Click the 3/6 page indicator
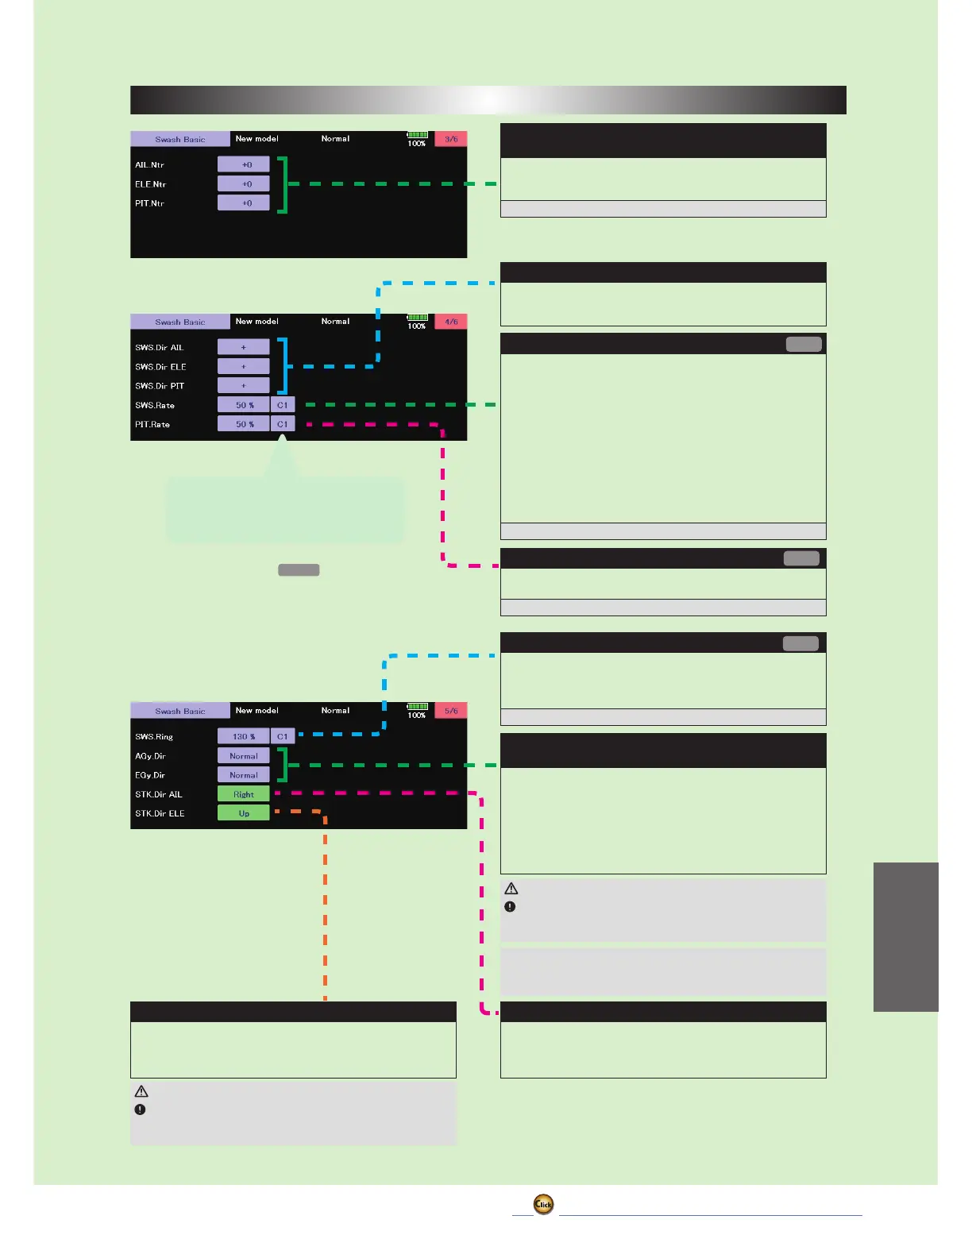[x=450, y=139]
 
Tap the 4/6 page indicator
[x=450, y=322]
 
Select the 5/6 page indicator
[x=450, y=711]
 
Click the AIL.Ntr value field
[x=244, y=164]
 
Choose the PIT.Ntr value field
[x=244, y=203]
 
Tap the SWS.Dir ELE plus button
[x=244, y=367]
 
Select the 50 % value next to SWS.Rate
[x=244, y=405]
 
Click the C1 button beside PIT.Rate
[x=283, y=424]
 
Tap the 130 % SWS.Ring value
[x=244, y=736]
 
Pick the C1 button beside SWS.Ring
[x=283, y=736]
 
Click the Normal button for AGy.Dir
[x=244, y=756]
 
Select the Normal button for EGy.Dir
[x=244, y=775]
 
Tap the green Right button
[x=244, y=794]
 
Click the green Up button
[x=244, y=813]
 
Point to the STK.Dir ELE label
[x=160, y=813]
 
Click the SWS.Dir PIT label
[x=160, y=386]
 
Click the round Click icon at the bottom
[x=543, y=1204]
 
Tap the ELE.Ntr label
[x=150, y=184]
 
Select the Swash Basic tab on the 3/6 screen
[x=180, y=139]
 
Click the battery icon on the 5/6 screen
[x=418, y=706]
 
